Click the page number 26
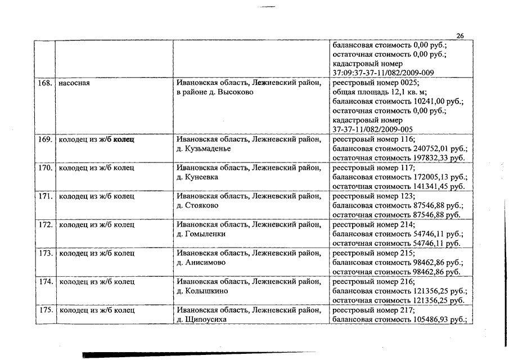tap(460, 36)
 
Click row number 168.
tap(44, 83)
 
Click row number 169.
tap(44, 139)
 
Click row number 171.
tap(44, 196)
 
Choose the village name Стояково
tap(201, 205)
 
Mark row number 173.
tap(44, 253)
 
